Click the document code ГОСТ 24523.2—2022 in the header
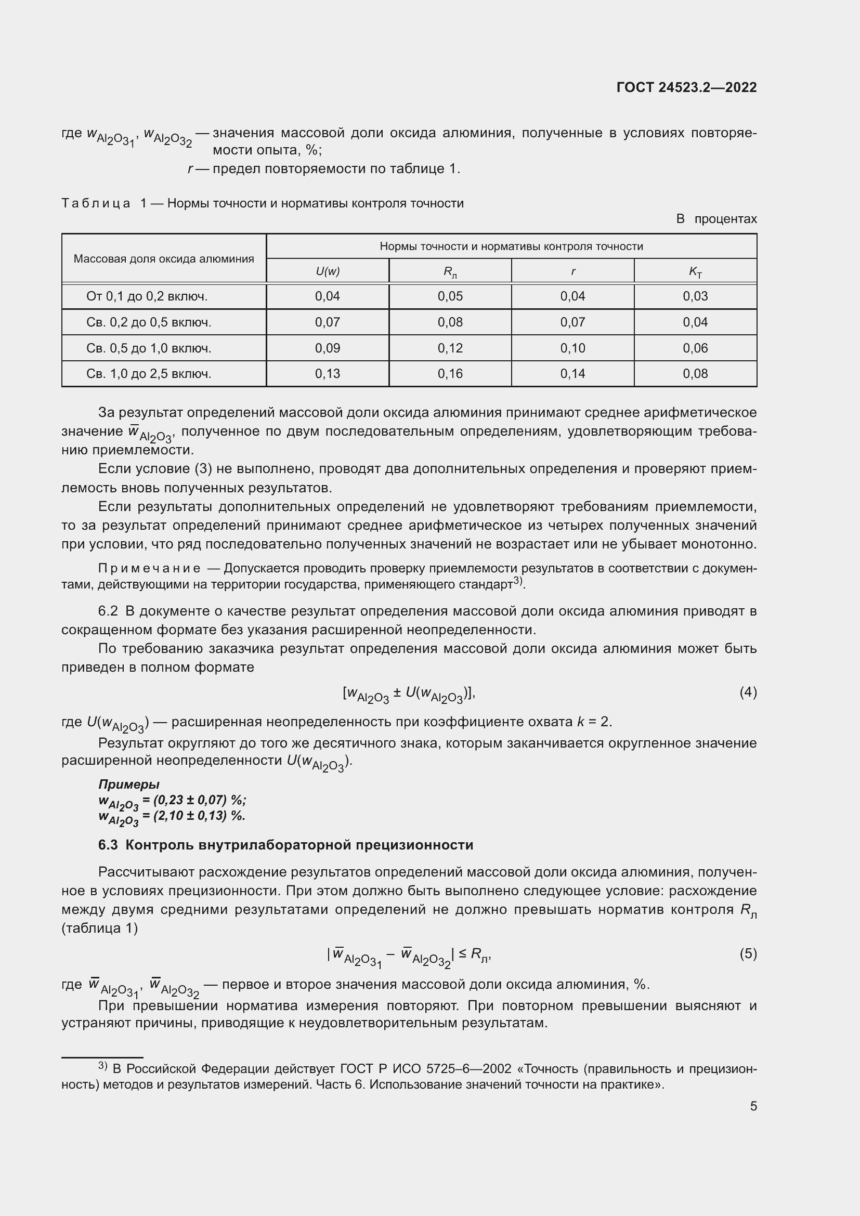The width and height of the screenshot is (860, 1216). coord(686,87)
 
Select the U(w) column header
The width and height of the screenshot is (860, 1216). coord(327,271)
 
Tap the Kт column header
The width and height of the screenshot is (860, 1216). coord(695,272)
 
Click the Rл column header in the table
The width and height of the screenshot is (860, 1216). coord(450,272)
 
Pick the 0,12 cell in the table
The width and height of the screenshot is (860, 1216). coord(450,348)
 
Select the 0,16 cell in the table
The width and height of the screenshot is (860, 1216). coord(450,374)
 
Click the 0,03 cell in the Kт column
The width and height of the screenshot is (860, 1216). coord(695,296)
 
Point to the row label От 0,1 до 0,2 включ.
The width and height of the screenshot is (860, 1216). coord(147,296)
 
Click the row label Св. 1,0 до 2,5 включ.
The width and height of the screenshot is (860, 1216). coord(149,374)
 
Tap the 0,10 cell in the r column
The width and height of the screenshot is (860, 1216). coord(572,348)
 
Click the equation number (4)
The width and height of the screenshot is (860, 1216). coord(748,692)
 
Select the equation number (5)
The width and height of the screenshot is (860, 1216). coord(748,954)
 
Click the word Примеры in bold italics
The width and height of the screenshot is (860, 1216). coord(128,784)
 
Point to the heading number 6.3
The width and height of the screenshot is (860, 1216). coord(108,845)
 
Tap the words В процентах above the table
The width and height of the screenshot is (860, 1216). coord(716,219)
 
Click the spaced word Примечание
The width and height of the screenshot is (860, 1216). coord(149,568)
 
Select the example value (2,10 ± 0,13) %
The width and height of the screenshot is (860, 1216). coord(199,815)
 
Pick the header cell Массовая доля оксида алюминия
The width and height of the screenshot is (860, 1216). coord(164,259)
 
